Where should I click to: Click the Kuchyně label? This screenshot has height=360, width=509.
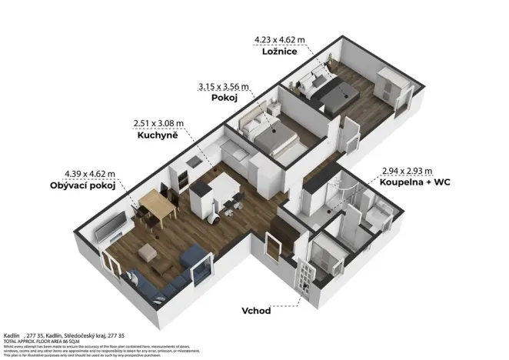158,135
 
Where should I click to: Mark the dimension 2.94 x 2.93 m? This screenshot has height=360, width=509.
408,171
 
